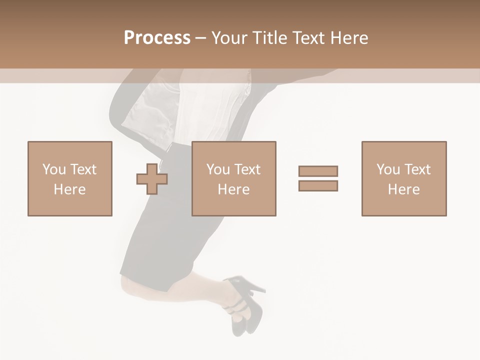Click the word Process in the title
(x=157, y=38)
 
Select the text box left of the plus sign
(x=70, y=178)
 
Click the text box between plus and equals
(x=234, y=178)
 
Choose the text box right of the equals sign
(x=404, y=178)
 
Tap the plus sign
(x=152, y=178)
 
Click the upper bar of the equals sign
(x=318, y=171)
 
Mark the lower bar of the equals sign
(x=318, y=185)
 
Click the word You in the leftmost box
(x=54, y=169)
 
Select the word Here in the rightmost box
(x=404, y=189)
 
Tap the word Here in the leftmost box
(x=70, y=189)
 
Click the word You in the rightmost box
(x=388, y=169)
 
